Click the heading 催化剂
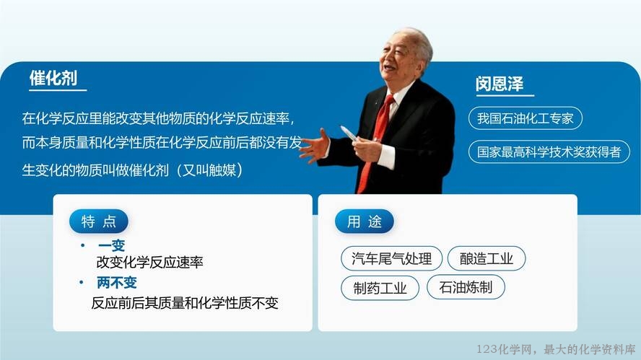pos(53,78)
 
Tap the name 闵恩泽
pos(500,84)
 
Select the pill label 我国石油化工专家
pos(526,118)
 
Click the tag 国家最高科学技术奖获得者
pos(549,152)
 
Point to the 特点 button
pos(98,221)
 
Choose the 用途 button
pos(365,221)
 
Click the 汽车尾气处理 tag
pos(392,258)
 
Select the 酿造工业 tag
pos(487,258)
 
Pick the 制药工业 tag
pos(380,288)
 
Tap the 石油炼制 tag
pos(466,287)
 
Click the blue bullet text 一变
pos(111,245)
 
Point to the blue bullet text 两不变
pos(117,282)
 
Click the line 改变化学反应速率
pos(149,263)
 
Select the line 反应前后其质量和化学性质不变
pos(185,303)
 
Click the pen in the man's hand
pos(349,133)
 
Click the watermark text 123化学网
pos(504,349)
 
